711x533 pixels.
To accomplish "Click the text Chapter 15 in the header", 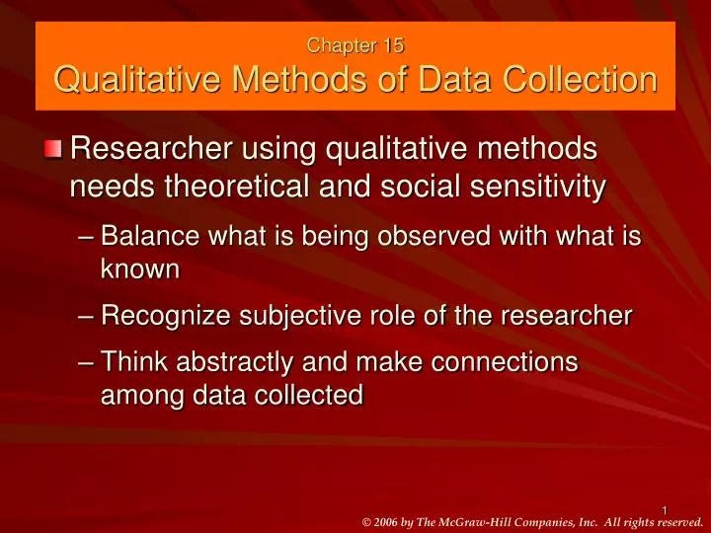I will [x=355, y=44].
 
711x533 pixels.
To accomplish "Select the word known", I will [x=140, y=267].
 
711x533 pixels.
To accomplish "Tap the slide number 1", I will [x=665, y=510].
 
